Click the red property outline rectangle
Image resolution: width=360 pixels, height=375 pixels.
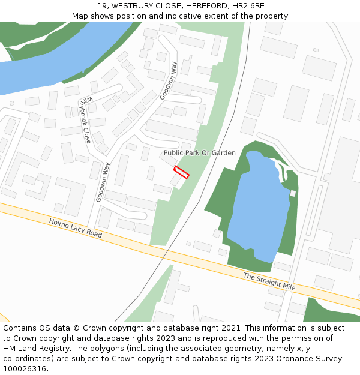pyautogui.click(x=181, y=172)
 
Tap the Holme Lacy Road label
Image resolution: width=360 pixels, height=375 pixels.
pyautogui.click(x=76, y=228)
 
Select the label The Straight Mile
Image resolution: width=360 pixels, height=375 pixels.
pyautogui.click(x=269, y=281)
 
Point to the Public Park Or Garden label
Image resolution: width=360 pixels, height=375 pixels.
pyautogui.click(x=200, y=153)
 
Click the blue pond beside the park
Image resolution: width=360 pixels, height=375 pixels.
pyautogui.click(x=258, y=204)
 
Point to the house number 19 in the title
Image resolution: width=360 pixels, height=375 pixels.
pyautogui.click(x=100, y=5)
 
